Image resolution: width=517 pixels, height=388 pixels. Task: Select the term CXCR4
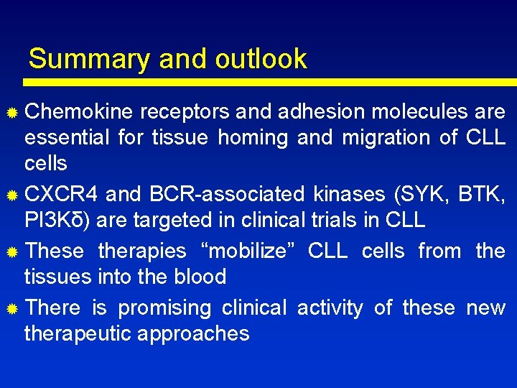tap(61, 193)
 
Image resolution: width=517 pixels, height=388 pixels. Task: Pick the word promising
tap(164, 308)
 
